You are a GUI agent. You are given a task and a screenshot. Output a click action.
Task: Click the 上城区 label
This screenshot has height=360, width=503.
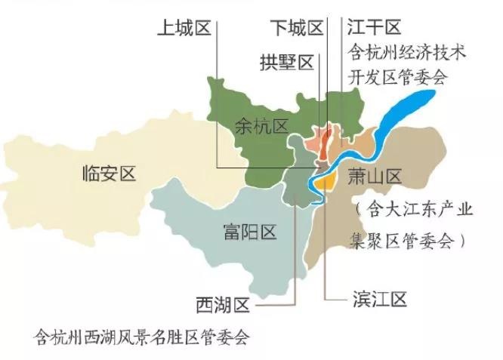182,29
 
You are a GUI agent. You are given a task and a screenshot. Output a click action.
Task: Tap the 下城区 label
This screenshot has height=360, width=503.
297,29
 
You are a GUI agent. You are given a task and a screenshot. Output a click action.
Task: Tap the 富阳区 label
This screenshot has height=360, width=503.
250,229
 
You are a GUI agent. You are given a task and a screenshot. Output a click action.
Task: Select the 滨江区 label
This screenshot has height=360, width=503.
379,300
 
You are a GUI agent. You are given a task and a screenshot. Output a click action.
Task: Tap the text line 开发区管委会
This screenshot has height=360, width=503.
397,77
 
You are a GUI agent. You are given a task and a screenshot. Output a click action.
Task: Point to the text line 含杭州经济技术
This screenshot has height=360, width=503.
407,54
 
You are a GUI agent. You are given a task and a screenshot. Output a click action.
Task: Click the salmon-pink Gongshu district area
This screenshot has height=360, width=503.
313,144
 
